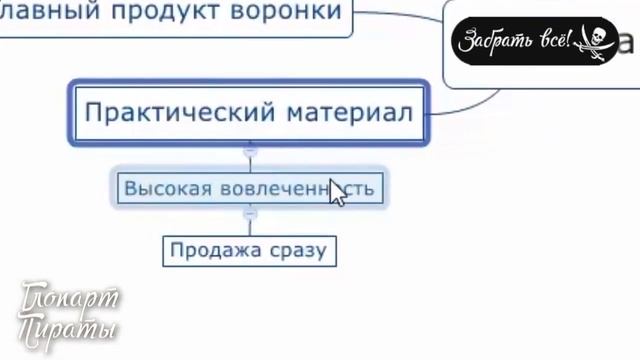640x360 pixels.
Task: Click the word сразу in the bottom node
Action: [298, 249]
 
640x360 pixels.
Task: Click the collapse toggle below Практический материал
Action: [250, 150]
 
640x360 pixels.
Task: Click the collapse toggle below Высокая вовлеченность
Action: [250, 213]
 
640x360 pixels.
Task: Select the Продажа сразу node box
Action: [250, 249]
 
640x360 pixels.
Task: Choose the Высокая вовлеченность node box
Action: [249, 187]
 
